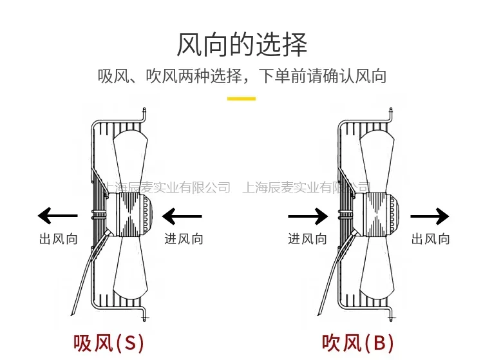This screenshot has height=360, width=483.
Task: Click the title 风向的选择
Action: [x=241, y=45]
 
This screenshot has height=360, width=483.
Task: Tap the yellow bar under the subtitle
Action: [x=241, y=99]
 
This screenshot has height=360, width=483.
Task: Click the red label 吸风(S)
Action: [x=108, y=341]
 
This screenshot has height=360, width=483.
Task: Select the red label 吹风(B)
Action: [x=357, y=341]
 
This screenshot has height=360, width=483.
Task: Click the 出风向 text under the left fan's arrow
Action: [x=58, y=239]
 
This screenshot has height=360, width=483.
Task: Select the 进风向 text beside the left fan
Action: [x=184, y=239]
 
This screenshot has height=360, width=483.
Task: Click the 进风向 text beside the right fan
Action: [x=307, y=239]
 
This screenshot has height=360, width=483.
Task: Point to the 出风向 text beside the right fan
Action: [x=431, y=239]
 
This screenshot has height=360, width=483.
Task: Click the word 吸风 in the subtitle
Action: [x=109, y=77]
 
